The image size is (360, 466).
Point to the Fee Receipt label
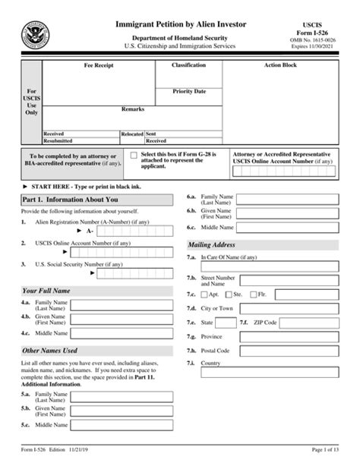coord(99,66)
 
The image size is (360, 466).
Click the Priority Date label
coord(189,91)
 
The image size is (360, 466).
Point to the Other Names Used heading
coord(50,351)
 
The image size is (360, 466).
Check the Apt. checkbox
coord(204,293)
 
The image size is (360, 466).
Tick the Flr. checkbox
coord(254,293)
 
